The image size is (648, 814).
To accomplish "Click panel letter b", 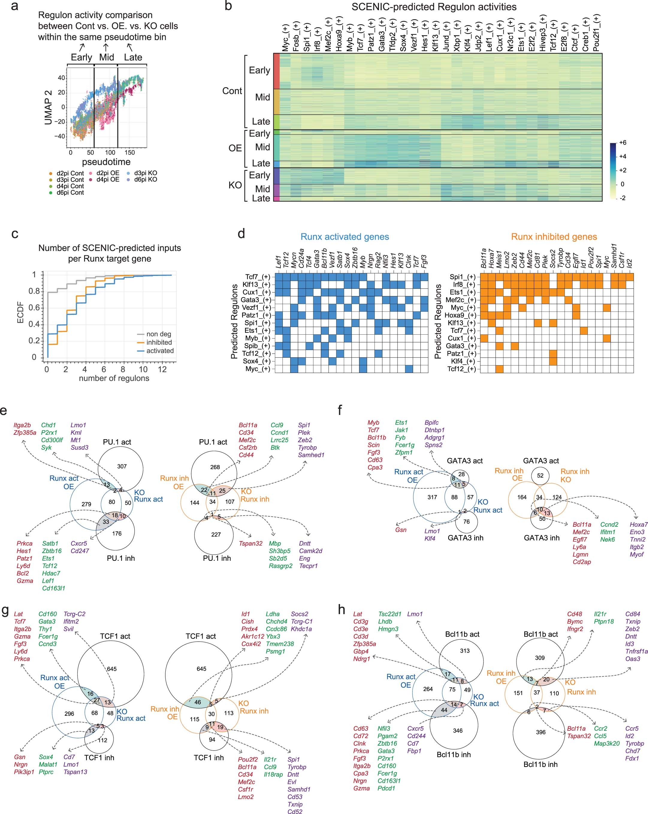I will coord(228,6).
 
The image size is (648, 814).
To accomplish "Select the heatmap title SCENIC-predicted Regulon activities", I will coord(434,7).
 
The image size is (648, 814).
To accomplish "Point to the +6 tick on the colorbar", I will coord(622,143).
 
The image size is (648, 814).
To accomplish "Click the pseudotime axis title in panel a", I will coord(106,162).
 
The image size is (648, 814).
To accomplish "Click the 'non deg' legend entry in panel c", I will coord(158,334).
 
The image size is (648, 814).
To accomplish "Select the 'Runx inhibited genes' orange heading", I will coord(554,237).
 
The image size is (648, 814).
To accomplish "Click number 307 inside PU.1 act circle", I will coord(122,466).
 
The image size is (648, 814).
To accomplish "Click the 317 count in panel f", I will coord(432,497).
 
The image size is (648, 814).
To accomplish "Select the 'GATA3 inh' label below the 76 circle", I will coord(465,538).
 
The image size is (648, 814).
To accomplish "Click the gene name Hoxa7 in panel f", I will coord(638,524).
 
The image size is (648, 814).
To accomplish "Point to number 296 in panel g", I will coord(69,714).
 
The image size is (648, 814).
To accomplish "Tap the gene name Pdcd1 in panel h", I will coord(386,788).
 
